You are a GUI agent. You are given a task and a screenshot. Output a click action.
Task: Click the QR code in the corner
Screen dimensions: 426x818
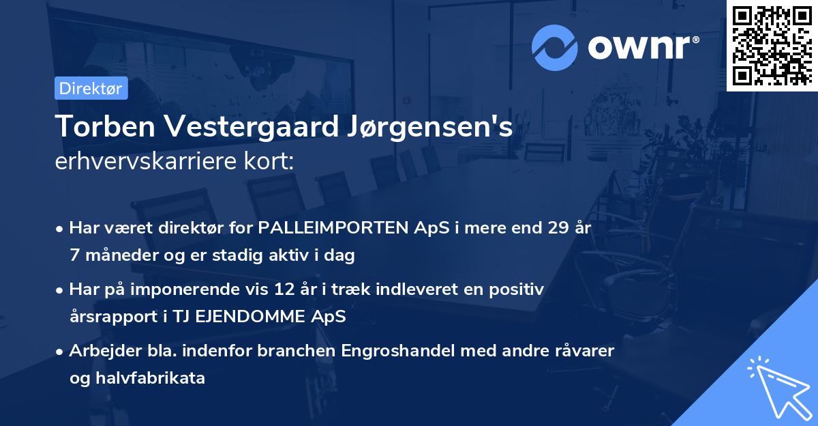tap(772, 46)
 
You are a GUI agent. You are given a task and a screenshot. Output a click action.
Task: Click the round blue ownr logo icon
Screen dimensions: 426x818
tap(554, 46)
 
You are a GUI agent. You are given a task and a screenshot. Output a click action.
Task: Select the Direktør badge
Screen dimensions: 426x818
tap(91, 88)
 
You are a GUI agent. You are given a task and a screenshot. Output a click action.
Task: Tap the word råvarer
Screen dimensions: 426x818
tap(582, 351)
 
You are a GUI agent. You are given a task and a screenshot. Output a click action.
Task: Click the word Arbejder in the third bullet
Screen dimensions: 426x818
tap(100, 351)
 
